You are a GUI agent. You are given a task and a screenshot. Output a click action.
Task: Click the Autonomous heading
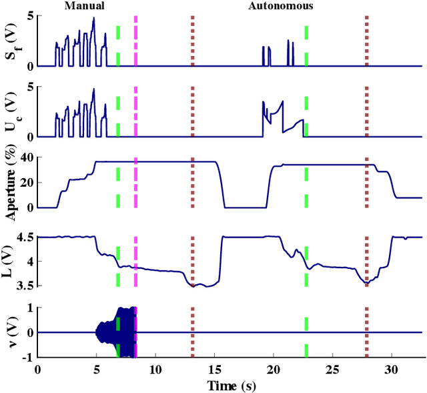280,6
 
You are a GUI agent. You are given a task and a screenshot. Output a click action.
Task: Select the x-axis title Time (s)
230,386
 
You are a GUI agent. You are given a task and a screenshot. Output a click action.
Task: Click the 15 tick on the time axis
215,370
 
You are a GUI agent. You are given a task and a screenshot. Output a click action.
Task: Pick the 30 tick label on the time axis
392,370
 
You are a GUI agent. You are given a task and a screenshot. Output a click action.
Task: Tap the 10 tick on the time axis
155,370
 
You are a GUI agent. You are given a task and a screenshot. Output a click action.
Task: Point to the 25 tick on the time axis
333,370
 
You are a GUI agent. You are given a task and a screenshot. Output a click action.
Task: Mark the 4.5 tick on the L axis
25,237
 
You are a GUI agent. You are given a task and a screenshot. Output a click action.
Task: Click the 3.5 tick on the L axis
25,286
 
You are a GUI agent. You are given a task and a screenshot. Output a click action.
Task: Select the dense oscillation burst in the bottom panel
117,332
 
